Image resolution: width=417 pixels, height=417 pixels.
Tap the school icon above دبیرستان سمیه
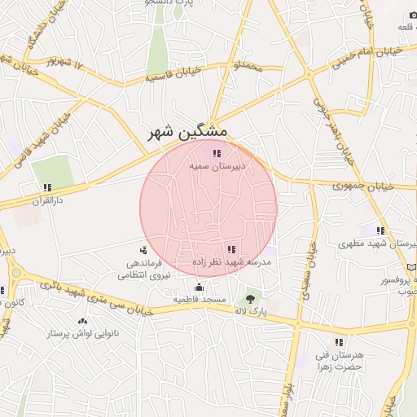216,152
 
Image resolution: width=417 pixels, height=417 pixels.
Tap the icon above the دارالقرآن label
47,187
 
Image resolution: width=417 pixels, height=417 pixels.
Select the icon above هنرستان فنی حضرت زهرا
339,342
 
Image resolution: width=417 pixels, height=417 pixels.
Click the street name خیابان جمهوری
363,187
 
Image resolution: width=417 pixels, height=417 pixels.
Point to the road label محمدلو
248,64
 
